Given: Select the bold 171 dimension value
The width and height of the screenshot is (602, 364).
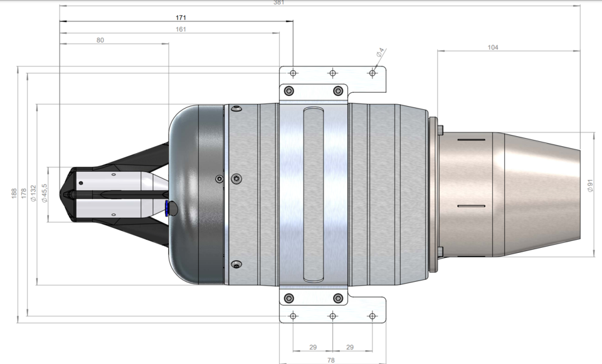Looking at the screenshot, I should (x=179, y=18).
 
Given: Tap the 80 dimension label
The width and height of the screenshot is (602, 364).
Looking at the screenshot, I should (x=100, y=40).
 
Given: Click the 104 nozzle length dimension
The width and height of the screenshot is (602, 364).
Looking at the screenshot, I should (x=494, y=47).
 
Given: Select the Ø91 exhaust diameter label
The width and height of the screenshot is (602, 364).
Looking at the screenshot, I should (x=590, y=186).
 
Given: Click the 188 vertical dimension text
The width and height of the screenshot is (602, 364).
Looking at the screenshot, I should (x=14, y=194).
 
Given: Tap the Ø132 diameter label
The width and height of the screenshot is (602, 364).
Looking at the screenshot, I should (x=33, y=194).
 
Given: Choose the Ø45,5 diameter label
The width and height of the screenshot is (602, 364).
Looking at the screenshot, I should (x=45, y=193).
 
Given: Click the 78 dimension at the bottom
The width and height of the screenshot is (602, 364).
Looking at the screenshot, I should (x=332, y=359).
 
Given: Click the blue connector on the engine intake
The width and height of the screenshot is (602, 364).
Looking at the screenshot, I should (x=166, y=208).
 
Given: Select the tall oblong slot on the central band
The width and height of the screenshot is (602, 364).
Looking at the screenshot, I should (x=313, y=195).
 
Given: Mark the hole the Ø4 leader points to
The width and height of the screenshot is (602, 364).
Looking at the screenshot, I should (x=372, y=73).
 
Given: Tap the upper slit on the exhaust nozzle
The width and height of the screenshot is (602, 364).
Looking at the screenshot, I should (x=472, y=142).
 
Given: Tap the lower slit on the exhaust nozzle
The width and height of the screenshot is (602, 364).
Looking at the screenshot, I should (x=472, y=206).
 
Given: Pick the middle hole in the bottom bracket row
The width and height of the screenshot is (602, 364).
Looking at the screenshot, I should (x=332, y=315).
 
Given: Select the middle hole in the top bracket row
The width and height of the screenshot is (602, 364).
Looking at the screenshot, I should (x=332, y=73).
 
